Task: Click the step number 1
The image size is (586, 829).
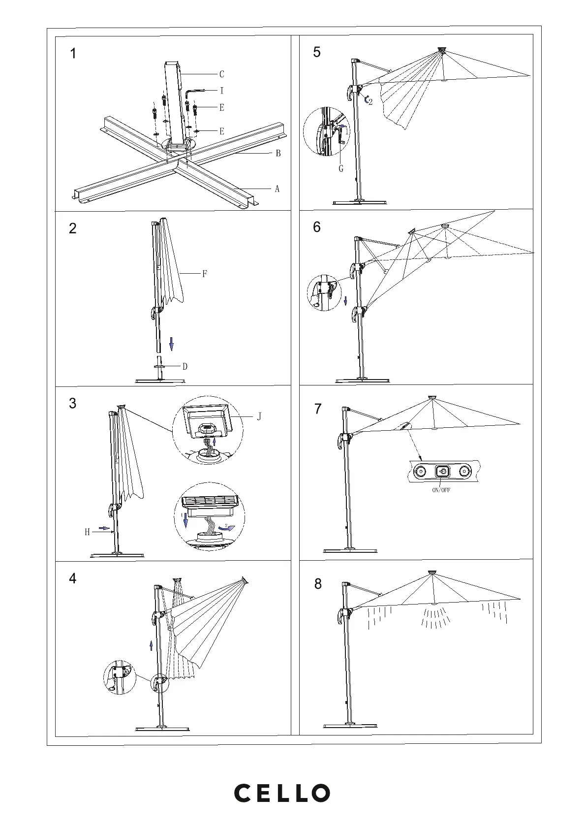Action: (73, 54)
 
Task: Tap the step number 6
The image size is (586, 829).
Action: (317, 227)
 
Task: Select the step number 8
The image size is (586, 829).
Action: (318, 584)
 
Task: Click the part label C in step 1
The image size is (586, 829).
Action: (222, 74)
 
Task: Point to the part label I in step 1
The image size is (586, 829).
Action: (222, 91)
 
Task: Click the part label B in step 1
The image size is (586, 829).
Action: (278, 154)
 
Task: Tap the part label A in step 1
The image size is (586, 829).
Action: (277, 189)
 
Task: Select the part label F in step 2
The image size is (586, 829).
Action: (205, 274)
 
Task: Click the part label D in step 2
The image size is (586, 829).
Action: (185, 366)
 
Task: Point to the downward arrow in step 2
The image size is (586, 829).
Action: (171, 344)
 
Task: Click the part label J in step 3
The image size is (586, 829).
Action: (259, 417)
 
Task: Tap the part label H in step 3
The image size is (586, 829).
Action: (87, 532)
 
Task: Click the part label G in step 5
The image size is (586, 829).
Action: (341, 168)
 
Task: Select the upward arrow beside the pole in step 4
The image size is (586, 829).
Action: (151, 645)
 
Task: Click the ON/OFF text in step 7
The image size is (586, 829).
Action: (441, 490)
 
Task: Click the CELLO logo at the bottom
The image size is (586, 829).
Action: (281, 793)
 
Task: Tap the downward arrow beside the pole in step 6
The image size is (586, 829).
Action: (345, 299)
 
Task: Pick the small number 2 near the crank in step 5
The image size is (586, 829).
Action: (370, 102)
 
